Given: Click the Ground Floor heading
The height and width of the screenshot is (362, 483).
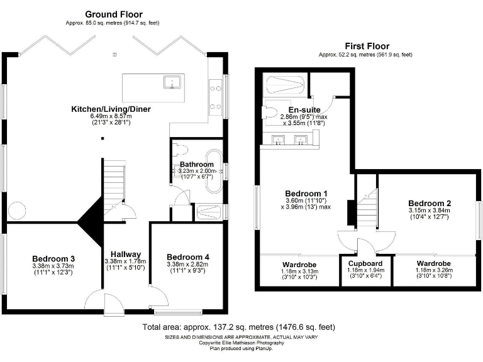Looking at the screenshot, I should coord(114,14).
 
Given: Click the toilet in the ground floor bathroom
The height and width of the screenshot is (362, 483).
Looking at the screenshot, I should coord(180,151).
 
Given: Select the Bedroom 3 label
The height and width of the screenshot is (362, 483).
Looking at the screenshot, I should coord(54,258).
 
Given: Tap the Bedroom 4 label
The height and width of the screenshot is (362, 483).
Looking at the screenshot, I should coord(187,256).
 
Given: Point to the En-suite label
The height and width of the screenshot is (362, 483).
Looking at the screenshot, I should coord(301,109).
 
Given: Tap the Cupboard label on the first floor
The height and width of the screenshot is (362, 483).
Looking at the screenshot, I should coord(365,263).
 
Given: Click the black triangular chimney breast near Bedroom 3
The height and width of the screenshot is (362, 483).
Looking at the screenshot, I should coord(91,221).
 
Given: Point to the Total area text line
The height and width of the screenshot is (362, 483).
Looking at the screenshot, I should coord(238,327).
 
